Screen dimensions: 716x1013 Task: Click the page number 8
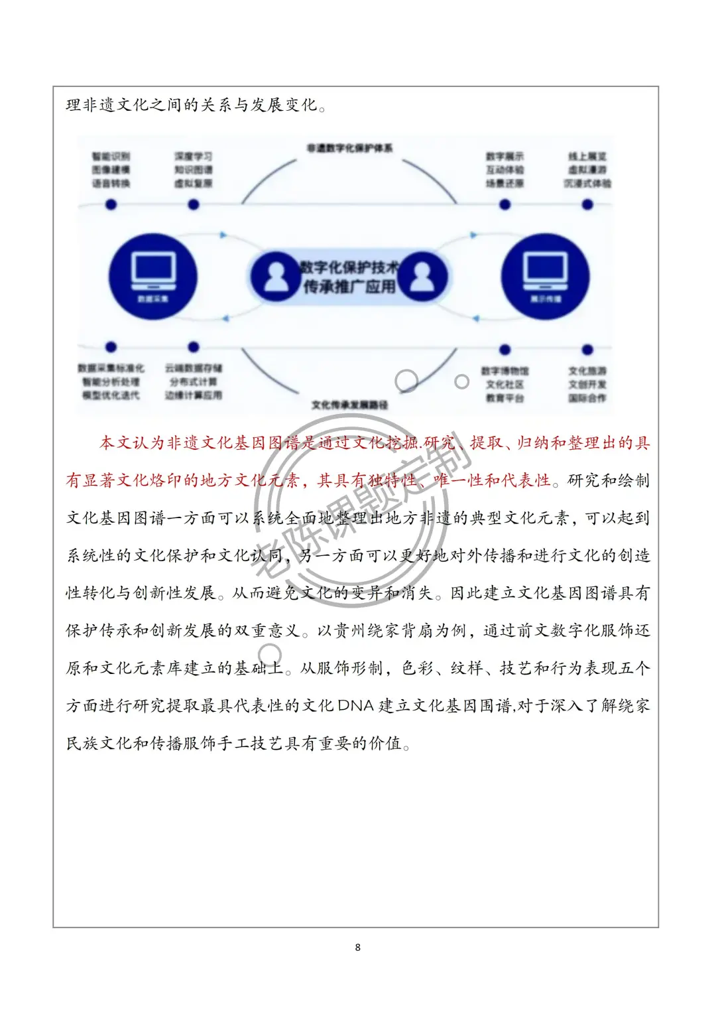point(358,947)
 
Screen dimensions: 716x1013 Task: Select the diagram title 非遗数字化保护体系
point(349,148)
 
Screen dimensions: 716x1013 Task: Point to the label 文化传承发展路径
point(349,405)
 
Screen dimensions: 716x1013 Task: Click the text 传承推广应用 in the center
point(349,287)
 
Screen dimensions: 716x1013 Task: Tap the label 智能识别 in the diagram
point(111,157)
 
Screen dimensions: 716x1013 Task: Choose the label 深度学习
point(193,157)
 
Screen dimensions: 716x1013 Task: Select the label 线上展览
point(587,157)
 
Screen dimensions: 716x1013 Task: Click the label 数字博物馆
point(505,371)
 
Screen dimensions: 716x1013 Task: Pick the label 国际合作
point(587,398)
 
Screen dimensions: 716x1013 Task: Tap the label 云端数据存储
point(193,368)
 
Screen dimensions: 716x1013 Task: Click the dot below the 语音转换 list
point(111,204)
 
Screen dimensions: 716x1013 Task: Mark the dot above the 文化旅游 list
point(587,349)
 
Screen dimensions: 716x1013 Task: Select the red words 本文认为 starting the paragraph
point(132,442)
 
